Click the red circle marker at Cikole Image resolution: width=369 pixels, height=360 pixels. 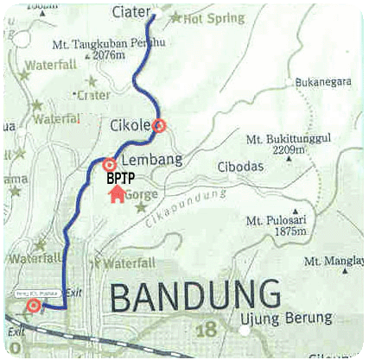pyautogui.click(x=158, y=126)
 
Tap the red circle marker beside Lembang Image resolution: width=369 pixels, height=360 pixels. pyautogui.click(x=110, y=165)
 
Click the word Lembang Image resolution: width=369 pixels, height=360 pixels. pyautogui.click(x=147, y=161)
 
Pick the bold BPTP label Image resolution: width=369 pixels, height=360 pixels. pyautogui.click(x=120, y=179)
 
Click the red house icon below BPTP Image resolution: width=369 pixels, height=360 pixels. pyautogui.click(x=117, y=195)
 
